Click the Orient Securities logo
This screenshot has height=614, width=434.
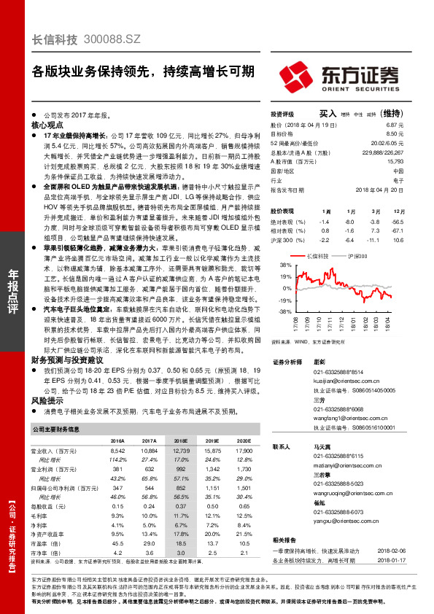[x=340, y=76]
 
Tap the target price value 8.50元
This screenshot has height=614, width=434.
[x=395, y=133]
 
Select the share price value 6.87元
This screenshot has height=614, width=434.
[x=395, y=125]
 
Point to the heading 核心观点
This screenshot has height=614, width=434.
[x=49, y=125]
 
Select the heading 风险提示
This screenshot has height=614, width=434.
[x=47, y=400]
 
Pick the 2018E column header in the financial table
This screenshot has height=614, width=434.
[x=181, y=441]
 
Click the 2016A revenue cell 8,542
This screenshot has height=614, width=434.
[x=117, y=451]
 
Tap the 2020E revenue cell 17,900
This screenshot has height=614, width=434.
[x=244, y=451]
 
